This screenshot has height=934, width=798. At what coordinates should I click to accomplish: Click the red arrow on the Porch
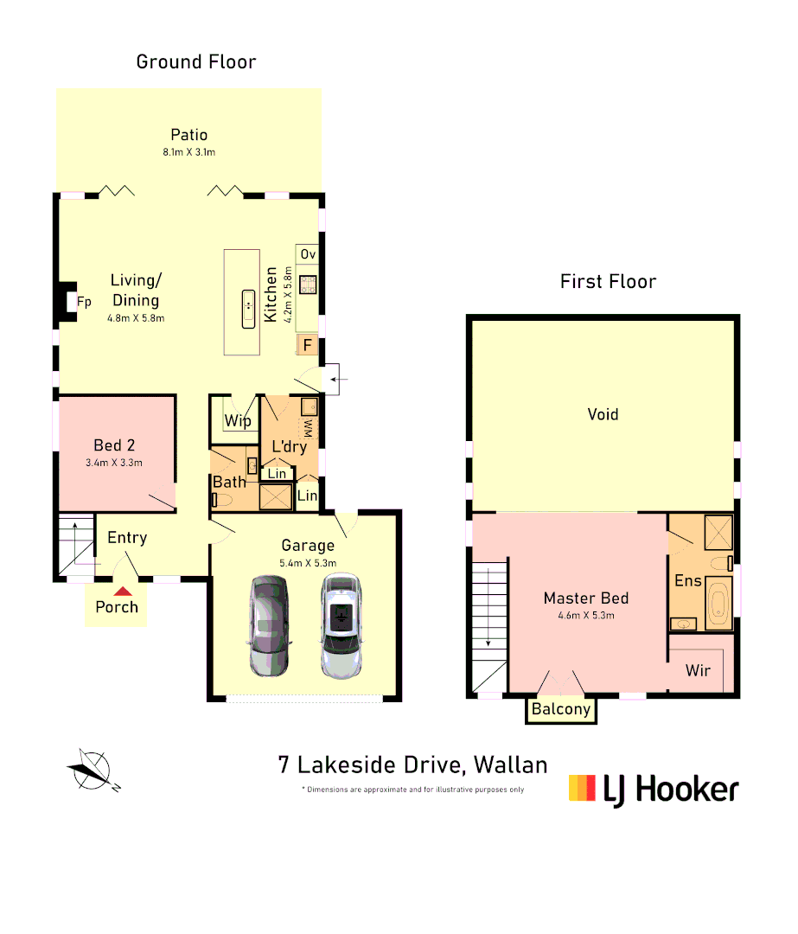[123, 592]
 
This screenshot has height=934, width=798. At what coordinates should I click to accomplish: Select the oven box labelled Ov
[309, 253]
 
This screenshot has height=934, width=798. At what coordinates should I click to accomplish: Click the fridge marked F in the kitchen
[306, 346]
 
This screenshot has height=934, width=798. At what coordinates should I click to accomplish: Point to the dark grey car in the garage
[268, 625]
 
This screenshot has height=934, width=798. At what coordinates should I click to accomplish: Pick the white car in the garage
[342, 625]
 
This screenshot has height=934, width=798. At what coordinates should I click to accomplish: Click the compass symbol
[91, 769]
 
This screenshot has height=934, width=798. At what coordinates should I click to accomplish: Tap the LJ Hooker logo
[654, 789]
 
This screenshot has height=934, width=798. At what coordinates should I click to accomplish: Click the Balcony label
[561, 709]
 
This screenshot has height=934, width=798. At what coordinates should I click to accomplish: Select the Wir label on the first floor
[698, 670]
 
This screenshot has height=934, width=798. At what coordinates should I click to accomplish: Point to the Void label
[603, 414]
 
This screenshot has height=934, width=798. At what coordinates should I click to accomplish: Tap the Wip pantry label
[238, 421]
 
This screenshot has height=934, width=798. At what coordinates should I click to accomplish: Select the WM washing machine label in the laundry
[307, 427]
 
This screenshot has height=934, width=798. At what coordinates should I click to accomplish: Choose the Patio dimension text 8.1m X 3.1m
[188, 152]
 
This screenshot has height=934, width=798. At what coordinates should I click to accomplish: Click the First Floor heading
[608, 281]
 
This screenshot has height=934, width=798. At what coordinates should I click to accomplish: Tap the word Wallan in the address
[511, 764]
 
